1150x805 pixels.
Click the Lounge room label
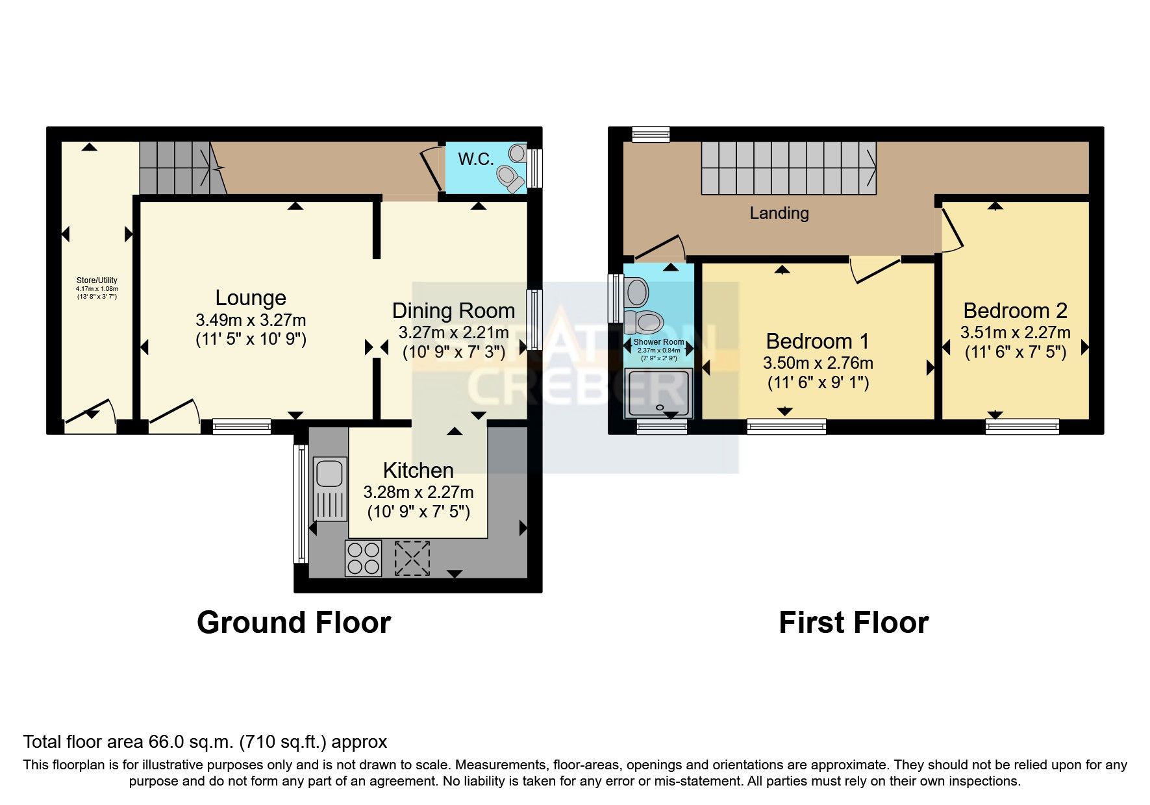251,298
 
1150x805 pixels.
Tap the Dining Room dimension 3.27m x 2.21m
453,333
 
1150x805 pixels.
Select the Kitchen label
418,470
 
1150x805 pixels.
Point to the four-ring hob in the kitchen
363,558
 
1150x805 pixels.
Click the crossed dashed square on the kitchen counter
412,558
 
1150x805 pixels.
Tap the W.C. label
476,159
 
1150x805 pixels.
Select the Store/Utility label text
97,280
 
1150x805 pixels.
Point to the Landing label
779,213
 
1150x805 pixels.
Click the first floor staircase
788,168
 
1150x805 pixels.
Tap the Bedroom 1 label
817,341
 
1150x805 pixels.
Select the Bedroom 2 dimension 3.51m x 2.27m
1015,332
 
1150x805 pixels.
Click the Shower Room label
658,342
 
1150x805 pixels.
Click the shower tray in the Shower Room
658,393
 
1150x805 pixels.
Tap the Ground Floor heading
294,623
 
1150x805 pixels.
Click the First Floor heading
853,623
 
